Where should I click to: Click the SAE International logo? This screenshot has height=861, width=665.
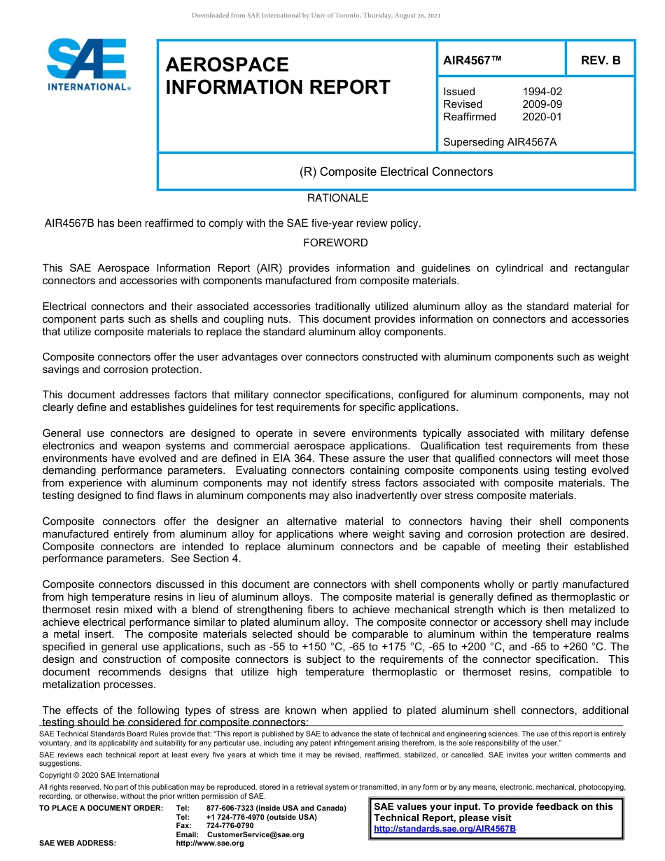pyautogui.click(x=87, y=64)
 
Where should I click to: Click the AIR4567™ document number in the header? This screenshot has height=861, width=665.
pyautogui.click(x=472, y=60)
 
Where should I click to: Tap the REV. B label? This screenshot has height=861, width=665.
pyautogui.click(x=601, y=60)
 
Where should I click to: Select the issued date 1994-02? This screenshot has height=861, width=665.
pyautogui.click(x=542, y=92)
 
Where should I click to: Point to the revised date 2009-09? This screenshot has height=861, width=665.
pyautogui.click(x=542, y=104)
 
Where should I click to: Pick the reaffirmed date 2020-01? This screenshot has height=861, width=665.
pyautogui.click(x=542, y=117)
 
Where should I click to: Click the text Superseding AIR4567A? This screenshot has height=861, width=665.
pyautogui.click(x=500, y=142)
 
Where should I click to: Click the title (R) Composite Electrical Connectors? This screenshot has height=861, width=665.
pyautogui.click(x=395, y=171)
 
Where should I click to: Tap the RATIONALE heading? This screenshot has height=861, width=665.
pyautogui.click(x=337, y=198)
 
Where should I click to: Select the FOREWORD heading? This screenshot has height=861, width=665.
pyautogui.click(x=335, y=243)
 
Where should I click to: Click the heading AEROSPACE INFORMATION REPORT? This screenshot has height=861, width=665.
pyautogui.click(x=278, y=76)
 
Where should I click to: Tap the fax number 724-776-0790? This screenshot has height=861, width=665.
pyautogui.click(x=230, y=825)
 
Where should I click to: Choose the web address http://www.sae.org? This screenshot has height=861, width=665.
pyautogui.click(x=209, y=843)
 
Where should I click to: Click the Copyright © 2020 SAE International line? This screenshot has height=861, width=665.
pyautogui.click(x=99, y=775)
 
